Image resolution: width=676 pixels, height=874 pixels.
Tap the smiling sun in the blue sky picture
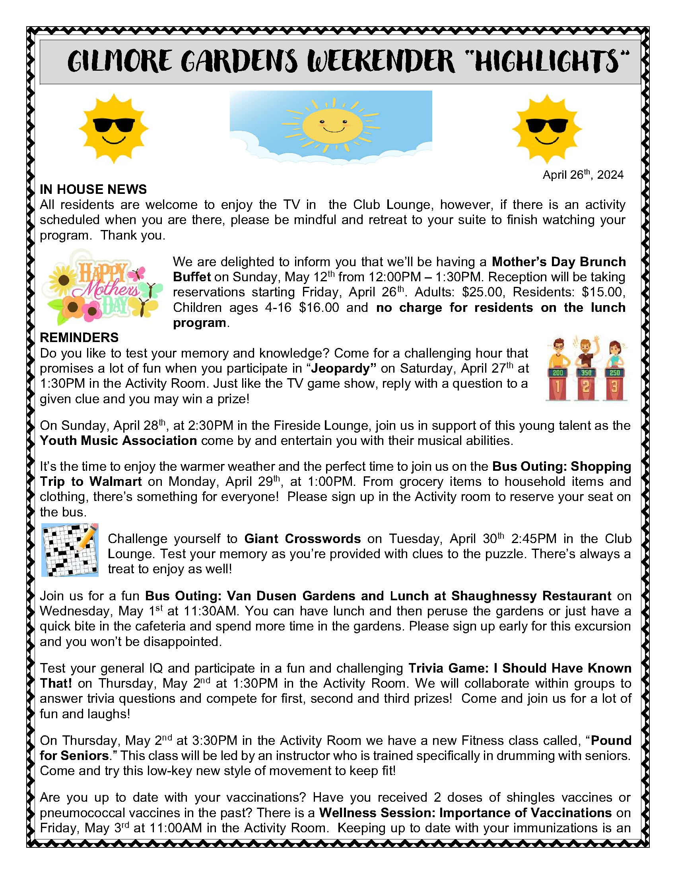click(332, 125)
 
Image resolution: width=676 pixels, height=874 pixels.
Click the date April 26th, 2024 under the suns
click(583, 175)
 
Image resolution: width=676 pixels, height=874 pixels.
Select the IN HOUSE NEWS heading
click(93, 189)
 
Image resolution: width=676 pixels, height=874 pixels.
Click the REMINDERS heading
click(79, 337)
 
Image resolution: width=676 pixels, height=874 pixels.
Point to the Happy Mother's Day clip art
click(102, 286)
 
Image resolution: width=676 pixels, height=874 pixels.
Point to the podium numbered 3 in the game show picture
click(614, 386)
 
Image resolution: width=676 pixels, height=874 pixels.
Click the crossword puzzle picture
click(70, 550)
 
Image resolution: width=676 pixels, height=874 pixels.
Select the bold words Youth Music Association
click(118, 441)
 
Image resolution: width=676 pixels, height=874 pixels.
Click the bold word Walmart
click(115, 481)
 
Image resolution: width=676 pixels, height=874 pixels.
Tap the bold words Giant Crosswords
click(302, 539)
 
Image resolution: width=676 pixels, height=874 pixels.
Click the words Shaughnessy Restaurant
click(531, 596)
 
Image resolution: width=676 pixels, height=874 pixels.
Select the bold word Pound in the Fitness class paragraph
click(611, 741)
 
